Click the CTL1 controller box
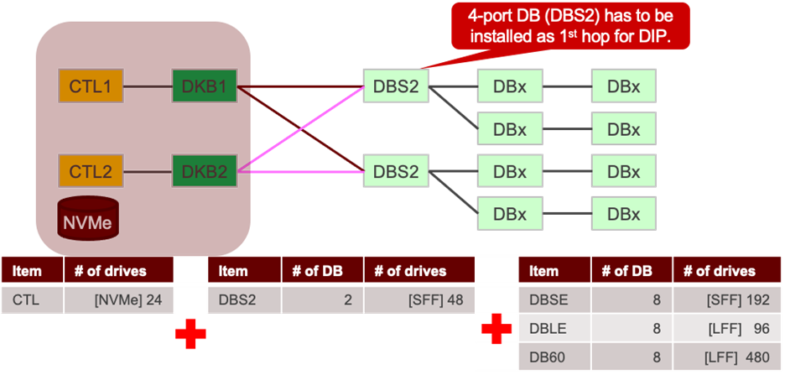pyautogui.click(x=90, y=86)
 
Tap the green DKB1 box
pyautogui.click(x=205, y=86)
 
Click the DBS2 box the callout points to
pyautogui.click(x=396, y=86)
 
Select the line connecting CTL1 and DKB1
pyautogui.click(x=147, y=86)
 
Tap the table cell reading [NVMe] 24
pyautogui.click(x=118, y=299)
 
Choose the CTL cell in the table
pyautogui.click(x=32, y=299)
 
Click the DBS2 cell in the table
pyautogui.click(x=244, y=299)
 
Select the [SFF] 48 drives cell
pyautogui.click(x=418, y=299)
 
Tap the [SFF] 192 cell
pyautogui.click(x=727, y=299)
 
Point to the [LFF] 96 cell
pyautogui.click(x=727, y=328)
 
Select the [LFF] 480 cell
pyautogui.click(x=727, y=357)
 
